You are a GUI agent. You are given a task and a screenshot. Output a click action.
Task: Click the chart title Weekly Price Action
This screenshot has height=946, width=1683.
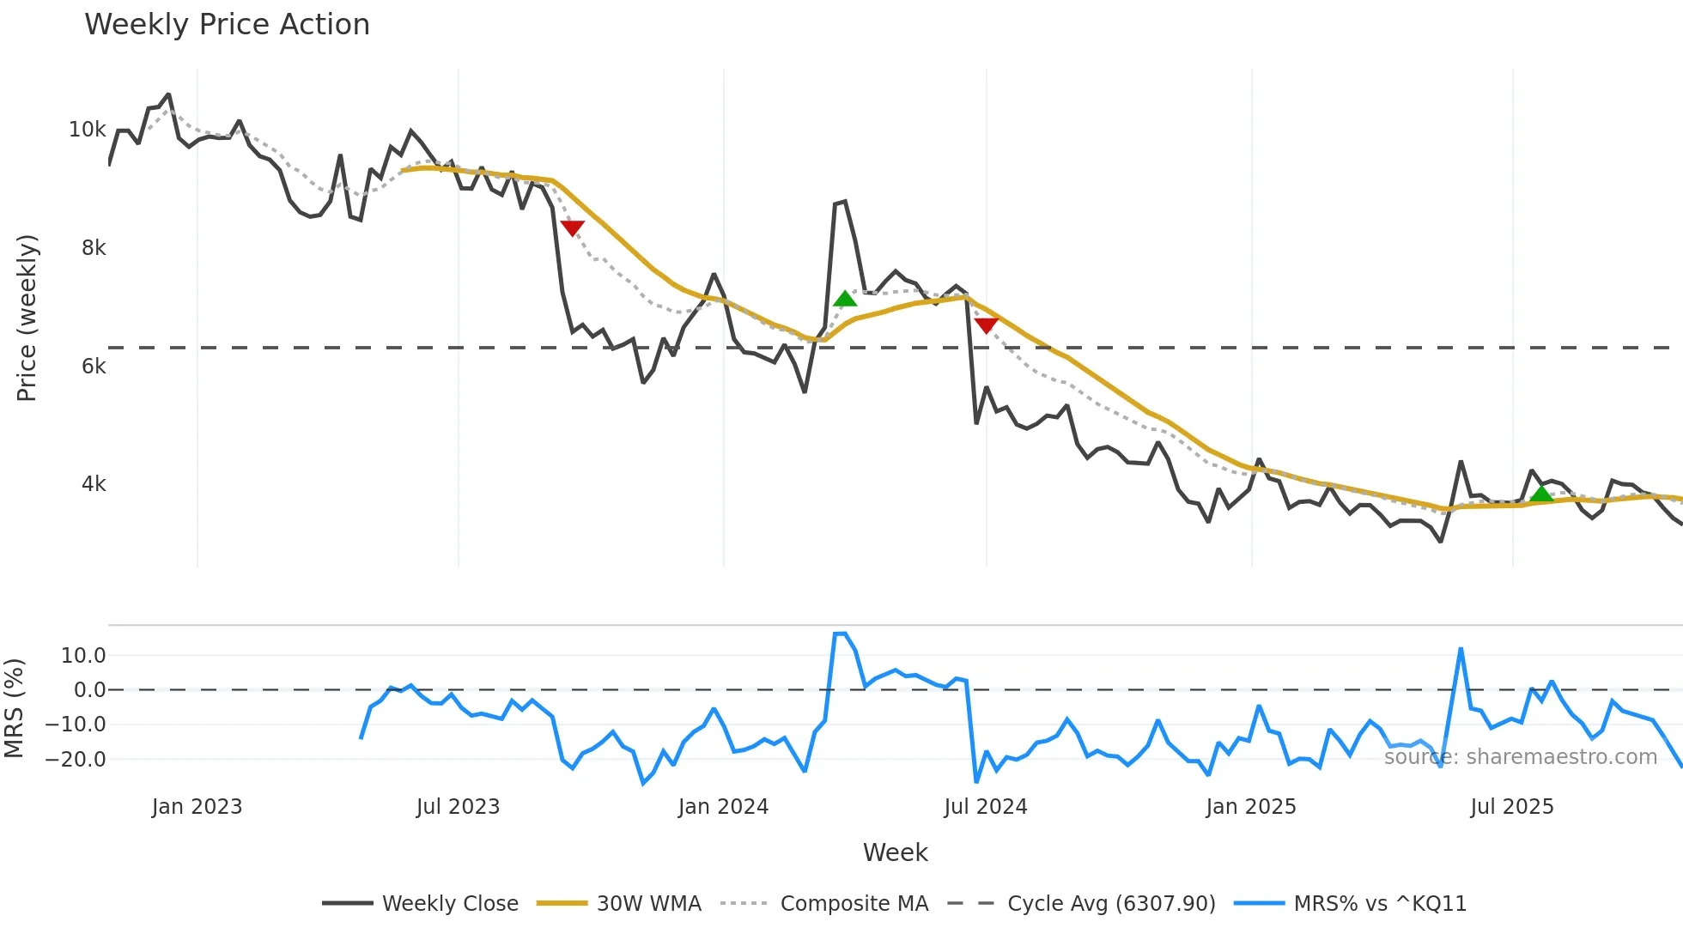[x=227, y=25]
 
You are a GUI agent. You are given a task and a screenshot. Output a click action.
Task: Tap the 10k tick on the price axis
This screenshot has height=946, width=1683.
[x=88, y=130]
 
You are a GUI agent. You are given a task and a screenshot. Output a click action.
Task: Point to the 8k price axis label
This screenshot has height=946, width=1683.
[x=94, y=248]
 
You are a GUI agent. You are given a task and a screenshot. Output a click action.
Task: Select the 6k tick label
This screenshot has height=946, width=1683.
[x=94, y=367]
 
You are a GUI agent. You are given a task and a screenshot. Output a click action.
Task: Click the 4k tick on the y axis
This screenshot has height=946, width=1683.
[x=94, y=484]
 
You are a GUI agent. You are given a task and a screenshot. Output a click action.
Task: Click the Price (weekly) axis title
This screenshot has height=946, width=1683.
[x=27, y=318]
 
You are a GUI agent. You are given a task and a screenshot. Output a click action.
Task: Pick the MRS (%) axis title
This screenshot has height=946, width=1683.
[x=14, y=708]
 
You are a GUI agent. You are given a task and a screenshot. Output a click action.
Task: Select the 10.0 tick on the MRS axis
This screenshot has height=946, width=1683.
[x=83, y=656]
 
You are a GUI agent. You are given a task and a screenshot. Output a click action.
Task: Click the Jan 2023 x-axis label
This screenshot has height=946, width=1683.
[x=197, y=807]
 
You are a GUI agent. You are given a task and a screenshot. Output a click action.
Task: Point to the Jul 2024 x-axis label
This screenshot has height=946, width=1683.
[x=985, y=807]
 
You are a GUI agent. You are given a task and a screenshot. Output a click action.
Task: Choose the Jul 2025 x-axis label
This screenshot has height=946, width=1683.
[x=1511, y=807]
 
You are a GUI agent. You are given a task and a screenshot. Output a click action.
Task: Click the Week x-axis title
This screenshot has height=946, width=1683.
[x=895, y=852]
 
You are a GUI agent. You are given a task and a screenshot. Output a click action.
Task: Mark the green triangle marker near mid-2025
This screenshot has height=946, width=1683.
[x=1541, y=494]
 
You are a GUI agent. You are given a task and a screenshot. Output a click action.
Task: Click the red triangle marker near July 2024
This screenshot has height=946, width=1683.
[x=986, y=325]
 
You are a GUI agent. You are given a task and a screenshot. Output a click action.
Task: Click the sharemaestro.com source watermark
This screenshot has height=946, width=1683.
[x=1520, y=757]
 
